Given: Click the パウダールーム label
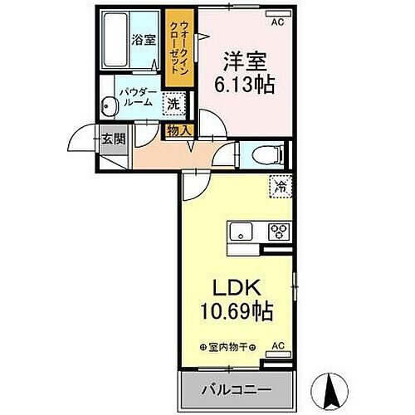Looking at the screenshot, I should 134,96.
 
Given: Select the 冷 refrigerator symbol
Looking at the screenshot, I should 281,188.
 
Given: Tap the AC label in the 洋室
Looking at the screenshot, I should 277,23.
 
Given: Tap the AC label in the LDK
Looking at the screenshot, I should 279,346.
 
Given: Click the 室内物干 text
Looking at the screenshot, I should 228,347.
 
